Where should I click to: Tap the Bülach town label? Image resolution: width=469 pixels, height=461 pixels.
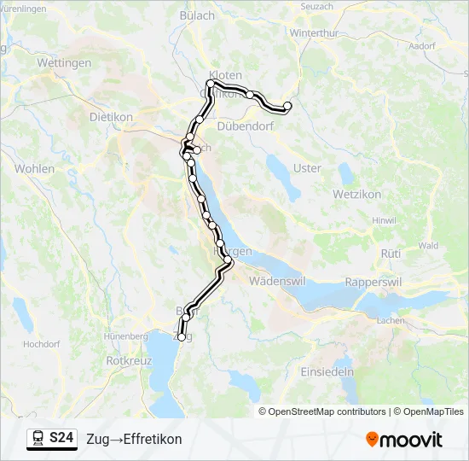[x=198, y=15]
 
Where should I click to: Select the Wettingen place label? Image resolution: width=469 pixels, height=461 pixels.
[x=64, y=63]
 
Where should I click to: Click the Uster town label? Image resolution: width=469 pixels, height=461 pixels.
[x=307, y=168]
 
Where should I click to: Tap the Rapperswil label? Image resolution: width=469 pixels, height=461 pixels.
[x=373, y=281]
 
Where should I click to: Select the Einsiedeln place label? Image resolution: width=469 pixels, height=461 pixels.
[x=327, y=372]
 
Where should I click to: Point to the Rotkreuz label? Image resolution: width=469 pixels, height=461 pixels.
[x=129, y=360]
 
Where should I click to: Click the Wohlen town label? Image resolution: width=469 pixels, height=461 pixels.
[x=34, y=168]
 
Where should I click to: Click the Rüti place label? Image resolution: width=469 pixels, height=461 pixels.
[x=391, y=254]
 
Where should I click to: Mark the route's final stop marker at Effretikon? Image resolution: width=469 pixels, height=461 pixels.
[x=287, y=106]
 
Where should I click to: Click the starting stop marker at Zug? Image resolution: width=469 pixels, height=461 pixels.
[x=181, y=337]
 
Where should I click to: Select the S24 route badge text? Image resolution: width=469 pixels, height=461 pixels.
[x=61, y=439]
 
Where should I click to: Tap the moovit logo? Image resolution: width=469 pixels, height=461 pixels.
[x=404, y=440]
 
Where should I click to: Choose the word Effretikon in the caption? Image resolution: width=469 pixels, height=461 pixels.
[x=153, y=439]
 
